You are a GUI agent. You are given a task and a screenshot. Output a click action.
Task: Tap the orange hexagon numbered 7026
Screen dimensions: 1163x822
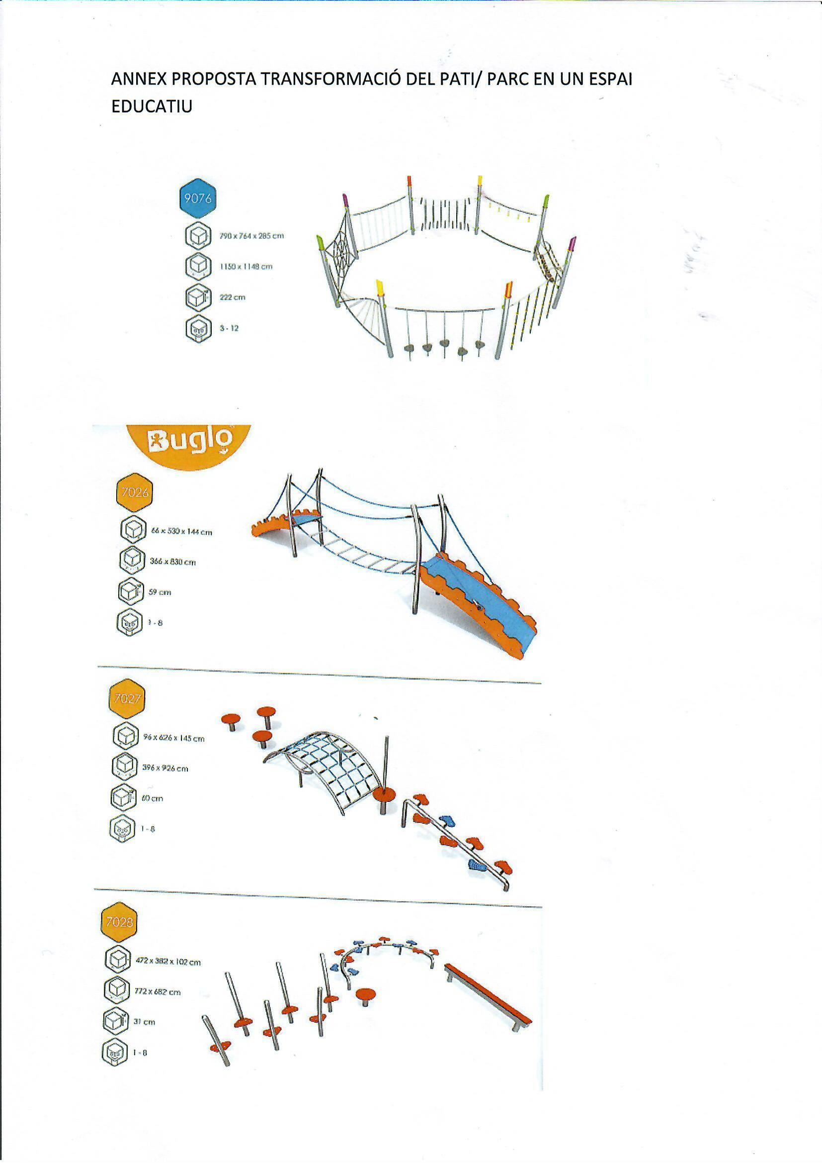(134, 492)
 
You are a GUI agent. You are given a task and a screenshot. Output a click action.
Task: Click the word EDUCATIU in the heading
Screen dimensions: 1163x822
(152, 107)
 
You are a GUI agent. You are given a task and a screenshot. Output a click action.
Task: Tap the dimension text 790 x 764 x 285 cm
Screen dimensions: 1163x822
(251, 236)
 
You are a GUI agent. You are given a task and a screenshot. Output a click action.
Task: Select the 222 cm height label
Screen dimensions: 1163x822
(232, 297)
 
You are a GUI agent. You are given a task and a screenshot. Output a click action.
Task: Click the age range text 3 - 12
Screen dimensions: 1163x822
(229, 328)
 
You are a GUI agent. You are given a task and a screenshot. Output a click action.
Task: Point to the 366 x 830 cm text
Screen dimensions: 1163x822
(172, 562)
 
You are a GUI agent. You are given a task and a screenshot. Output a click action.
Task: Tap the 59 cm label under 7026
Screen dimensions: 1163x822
(160, 592)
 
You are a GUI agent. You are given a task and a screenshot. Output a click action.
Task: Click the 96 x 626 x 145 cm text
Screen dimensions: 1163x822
(173, 739)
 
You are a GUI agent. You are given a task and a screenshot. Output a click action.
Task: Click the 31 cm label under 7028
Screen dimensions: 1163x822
(144, 1022)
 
